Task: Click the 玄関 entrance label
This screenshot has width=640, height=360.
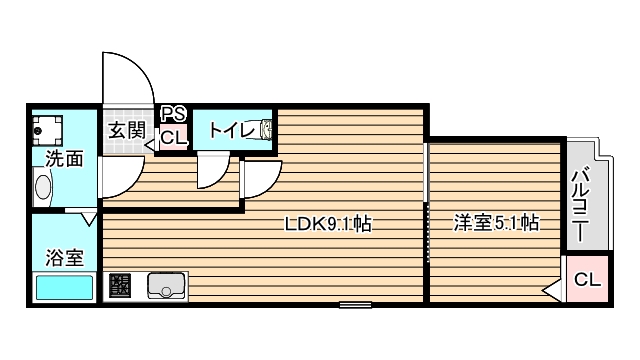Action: tap(127, 130)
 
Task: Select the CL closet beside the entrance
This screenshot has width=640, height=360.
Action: tap(173, 138)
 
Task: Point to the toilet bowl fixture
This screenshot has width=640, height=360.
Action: tap(266, 129)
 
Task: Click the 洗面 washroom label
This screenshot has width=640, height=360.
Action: tap(63, 158)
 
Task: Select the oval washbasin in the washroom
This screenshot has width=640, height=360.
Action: tap(43, 187)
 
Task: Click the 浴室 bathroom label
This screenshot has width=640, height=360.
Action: tap(63, 257)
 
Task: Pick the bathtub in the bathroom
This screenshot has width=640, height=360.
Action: tap(63, 287)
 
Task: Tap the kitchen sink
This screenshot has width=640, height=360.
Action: tap(166, 286)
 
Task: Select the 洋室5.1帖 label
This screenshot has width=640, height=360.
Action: tap(496, 223)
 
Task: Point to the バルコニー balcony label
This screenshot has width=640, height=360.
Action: tap(581, 206)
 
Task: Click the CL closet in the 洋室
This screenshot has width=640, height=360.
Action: tap(587, 281)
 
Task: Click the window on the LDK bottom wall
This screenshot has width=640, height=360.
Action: tap(354, 303)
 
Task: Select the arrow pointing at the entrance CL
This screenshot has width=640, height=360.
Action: tap(151, 145)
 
